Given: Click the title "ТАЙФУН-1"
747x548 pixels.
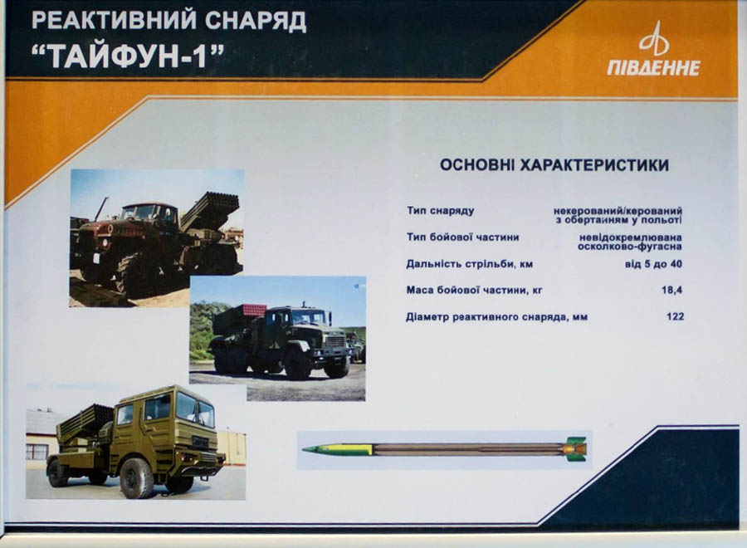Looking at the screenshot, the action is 128,56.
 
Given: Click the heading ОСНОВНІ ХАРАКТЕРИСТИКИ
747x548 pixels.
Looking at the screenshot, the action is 554,165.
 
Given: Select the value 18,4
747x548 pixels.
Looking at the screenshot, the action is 671,290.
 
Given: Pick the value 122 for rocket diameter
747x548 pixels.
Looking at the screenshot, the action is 675,316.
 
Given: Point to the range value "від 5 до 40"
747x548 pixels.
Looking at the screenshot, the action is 653,264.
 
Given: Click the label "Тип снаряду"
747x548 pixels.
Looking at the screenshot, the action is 440,211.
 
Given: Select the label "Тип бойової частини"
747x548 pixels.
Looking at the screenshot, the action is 462,237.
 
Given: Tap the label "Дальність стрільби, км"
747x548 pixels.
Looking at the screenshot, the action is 469,264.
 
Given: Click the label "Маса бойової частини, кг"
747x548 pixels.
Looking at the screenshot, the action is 474,291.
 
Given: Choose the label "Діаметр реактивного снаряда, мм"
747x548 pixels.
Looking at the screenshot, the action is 496,317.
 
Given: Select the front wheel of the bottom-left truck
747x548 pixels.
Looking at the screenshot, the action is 136,478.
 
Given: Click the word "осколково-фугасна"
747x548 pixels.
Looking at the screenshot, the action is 629,247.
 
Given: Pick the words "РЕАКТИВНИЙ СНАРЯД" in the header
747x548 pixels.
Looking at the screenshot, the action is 168,21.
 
